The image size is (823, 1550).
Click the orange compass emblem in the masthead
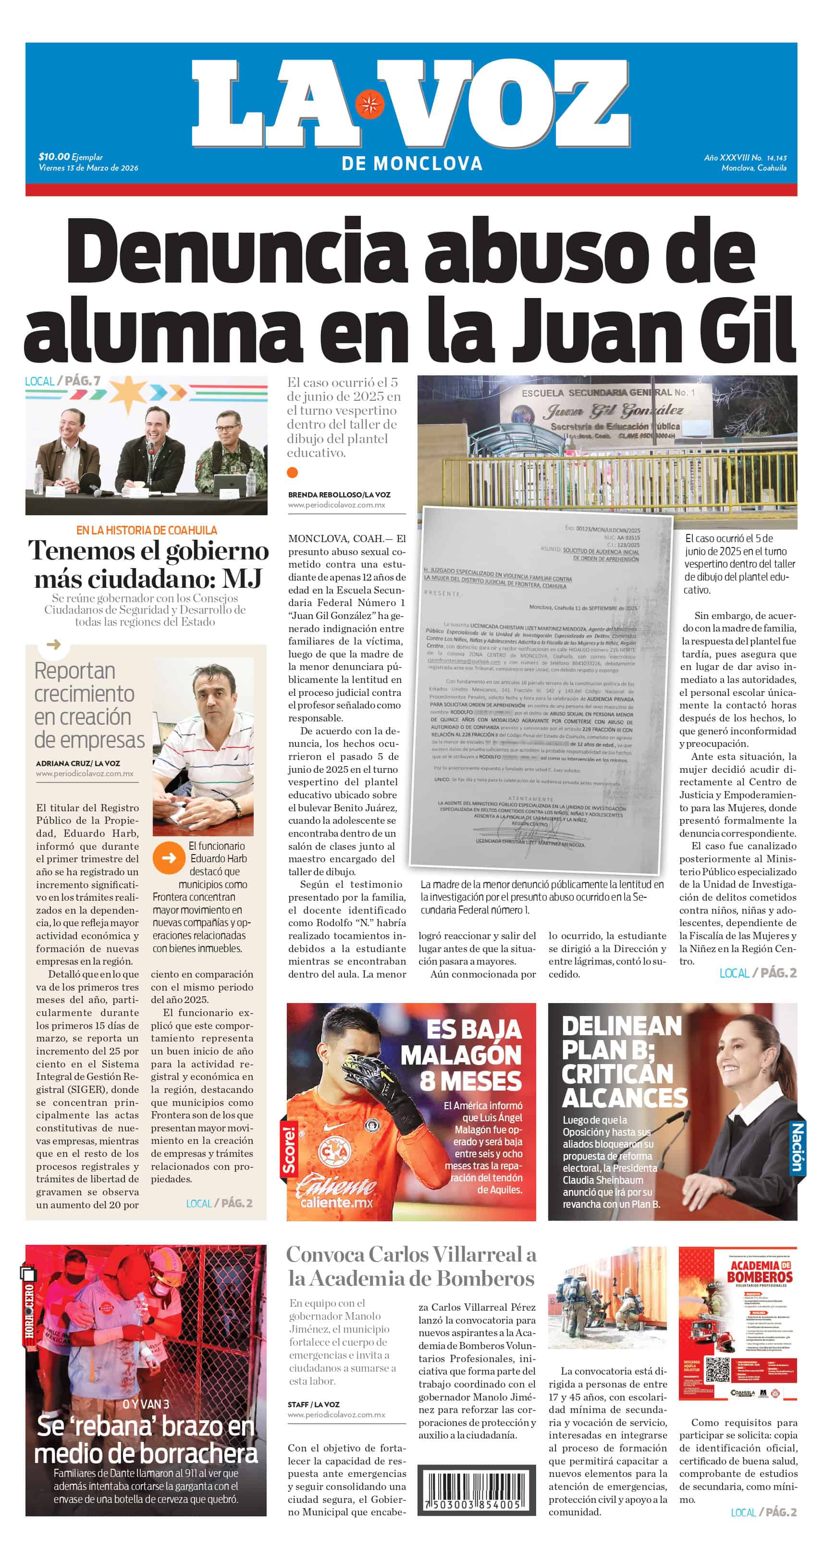[369, 104]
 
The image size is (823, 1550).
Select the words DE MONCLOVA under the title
[411, 164]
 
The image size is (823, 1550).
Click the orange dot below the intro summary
[293, 472]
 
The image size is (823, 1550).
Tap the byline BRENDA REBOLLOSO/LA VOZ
[339, 495]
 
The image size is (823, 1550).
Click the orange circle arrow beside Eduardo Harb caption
[169, 857]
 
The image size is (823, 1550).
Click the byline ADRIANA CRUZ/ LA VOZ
[78, 763]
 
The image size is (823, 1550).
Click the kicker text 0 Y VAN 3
[146, 1404]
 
